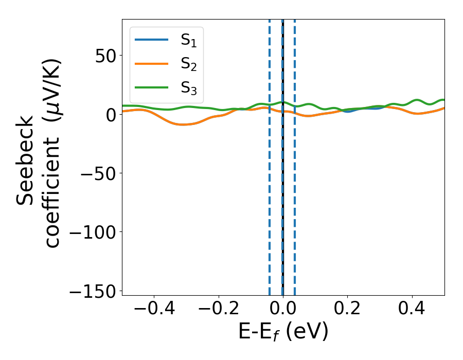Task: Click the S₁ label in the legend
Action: coord(189,41)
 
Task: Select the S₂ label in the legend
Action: coord(189,64)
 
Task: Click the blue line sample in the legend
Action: coord(151,40)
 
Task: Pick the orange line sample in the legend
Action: coord(151,63)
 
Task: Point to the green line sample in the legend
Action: coord(151,87)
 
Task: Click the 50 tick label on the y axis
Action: coord(105,56)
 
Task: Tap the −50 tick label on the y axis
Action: coord(97,173)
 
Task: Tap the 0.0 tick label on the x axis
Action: coord(283,310)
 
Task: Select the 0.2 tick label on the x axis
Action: coord(347,310)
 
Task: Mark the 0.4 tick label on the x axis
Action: coord(412,310)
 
